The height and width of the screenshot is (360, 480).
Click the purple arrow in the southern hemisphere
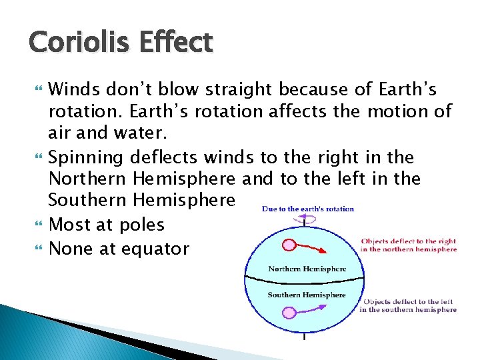pos(317,308)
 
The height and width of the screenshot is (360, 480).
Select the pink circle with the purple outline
pos(289,313)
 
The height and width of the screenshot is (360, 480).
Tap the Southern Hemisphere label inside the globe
pos(306,294)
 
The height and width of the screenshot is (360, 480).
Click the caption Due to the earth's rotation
pos(308,209)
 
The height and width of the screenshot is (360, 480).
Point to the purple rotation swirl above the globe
pos(305,217)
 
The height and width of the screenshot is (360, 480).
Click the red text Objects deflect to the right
pos(408,245)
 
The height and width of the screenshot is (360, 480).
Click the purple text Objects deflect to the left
pos(408,305)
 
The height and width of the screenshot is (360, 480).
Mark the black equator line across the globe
pos(305,279)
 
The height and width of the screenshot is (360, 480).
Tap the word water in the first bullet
pos(119,133)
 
